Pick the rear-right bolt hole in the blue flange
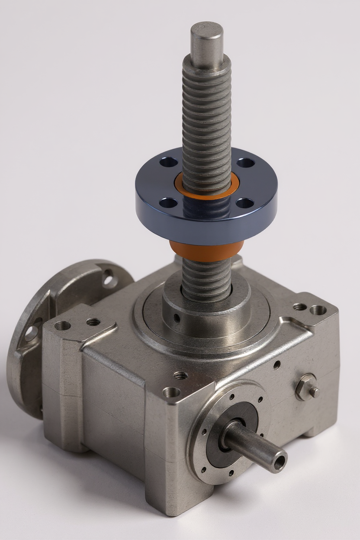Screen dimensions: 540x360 (x=245, y=163)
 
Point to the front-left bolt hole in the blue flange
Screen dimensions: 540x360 (x=168, y=202)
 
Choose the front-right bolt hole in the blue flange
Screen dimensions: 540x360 (x=245, y=203)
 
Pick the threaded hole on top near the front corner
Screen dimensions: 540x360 (x=180, y=375)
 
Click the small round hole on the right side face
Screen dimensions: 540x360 (x=277, y=365)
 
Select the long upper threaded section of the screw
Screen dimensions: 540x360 (x=206, y=117)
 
